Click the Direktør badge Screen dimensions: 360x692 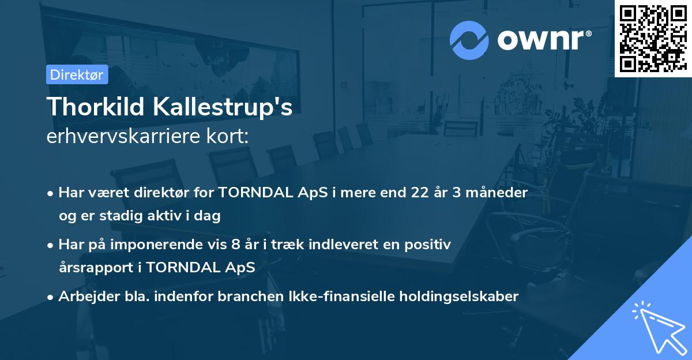pos(77,74)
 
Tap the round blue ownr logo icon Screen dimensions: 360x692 pos(469,40)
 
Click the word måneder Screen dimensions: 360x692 pos(500,193)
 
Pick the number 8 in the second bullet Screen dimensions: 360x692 pos(235,245)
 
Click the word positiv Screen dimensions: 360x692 pos(430,245)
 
